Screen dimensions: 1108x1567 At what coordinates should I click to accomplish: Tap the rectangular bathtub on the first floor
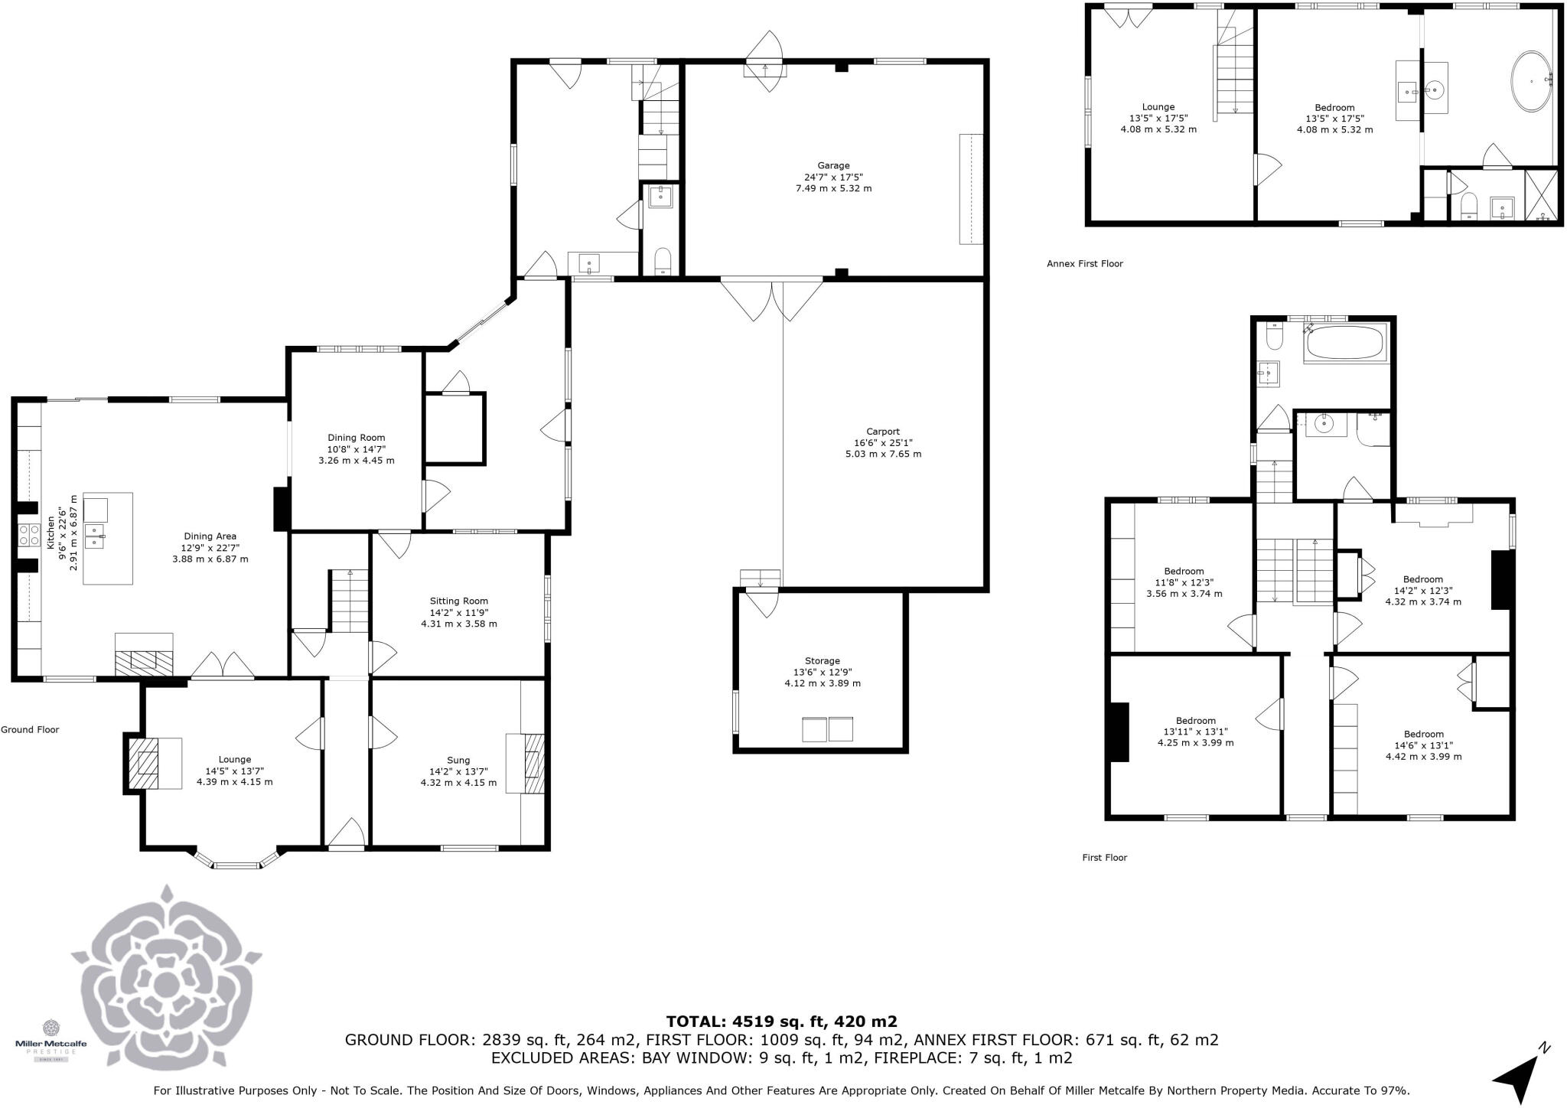point(1346,344)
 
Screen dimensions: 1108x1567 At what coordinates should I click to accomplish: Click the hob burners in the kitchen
point(30,535)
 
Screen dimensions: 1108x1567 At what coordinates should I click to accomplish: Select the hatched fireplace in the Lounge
point(145,763)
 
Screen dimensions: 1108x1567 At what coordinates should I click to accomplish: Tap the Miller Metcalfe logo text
point(51,1044)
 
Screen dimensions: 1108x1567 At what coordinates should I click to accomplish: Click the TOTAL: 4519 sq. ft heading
point(781,1022)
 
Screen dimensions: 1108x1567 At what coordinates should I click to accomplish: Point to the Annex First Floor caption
point(1084,264)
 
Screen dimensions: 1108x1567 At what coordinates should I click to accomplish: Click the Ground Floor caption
point(30,730)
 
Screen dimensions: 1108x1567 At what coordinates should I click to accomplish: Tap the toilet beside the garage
point(663,262)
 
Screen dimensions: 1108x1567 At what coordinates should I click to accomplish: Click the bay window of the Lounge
point(236,865)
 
